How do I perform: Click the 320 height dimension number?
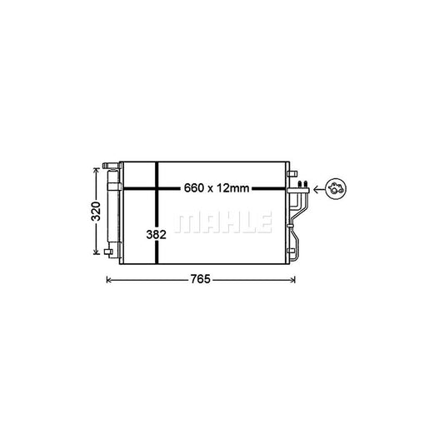click(x=96, y=210)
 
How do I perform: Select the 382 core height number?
click(x=157, y=235)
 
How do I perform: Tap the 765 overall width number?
click(x=198, y=280)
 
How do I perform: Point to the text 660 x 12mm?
click(x=216, y=189)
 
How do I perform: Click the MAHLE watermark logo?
click(x=227, y=222)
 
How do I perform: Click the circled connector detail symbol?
click(x=336, y=189)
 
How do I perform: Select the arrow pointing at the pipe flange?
click(x=319, y=189)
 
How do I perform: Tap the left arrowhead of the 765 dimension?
click(x=108, y=280)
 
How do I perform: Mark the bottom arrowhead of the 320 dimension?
click(x=96, y=253)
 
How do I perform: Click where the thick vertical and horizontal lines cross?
click(x=157, y=189)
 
